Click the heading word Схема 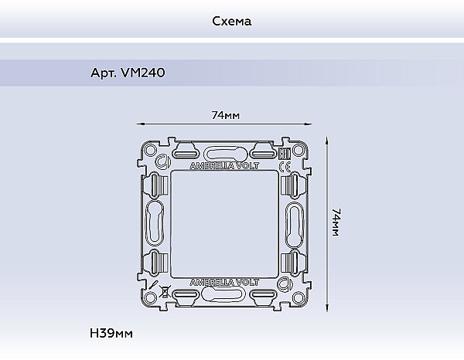tap(232, 22)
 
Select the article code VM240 tap(143, 73)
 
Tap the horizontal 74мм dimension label tap(226, 115)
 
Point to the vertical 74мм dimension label tap(336, 222)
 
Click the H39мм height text tap(111, 333)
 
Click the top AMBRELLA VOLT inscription tap(224, 166)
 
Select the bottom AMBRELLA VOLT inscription tap(224, 282)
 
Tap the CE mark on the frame tap(285, 167)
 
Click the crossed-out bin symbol tap(165, 292)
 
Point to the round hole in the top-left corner tap(151, 151)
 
